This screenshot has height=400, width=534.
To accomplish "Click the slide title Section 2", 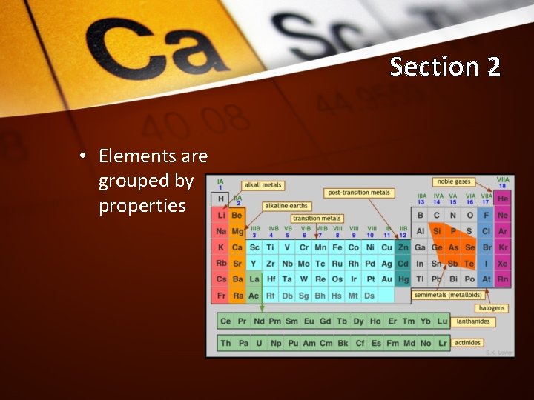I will click(445, 67).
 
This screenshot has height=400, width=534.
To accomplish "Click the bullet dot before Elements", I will click(84, 156).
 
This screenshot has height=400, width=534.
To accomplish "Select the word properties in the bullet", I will click(142, 205).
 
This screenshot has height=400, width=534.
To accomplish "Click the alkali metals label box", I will click(262, 184).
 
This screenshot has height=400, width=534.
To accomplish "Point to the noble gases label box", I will click(454, 181).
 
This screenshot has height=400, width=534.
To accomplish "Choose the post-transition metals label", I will click(358, 193).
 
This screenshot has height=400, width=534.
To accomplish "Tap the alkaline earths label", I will click(286, 206).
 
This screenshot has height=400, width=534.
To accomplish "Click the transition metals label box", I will click(317, 219).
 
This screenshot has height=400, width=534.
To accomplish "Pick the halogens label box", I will click(491, 308).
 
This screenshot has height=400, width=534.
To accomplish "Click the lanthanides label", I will click(472, 321).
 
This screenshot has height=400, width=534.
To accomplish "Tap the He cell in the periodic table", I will click(503, 199).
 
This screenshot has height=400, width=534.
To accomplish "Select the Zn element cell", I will click(403, 247).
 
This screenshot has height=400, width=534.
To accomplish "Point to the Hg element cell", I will click(403, 279).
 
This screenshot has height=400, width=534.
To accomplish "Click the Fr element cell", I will click(221, 296).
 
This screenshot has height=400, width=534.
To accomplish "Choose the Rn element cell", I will click(503, 279).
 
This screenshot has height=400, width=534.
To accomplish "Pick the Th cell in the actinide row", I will click(225, 343).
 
